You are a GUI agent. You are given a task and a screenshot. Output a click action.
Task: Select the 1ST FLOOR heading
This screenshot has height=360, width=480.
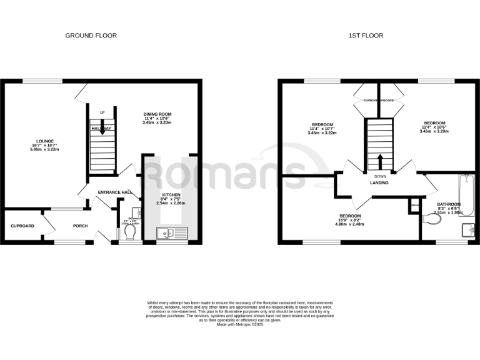coord(366,36)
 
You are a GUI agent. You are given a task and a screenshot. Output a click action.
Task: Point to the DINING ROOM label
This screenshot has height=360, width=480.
coord(157,114)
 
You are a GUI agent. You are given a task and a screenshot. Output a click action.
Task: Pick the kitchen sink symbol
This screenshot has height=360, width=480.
coord(171,234)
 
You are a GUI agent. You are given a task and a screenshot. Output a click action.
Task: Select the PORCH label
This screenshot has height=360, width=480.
coord(80,226)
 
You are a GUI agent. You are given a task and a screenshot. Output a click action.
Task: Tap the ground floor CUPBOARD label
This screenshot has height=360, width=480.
coord(22,226)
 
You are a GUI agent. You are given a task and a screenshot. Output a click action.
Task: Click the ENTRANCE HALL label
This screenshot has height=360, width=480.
coord(113,192)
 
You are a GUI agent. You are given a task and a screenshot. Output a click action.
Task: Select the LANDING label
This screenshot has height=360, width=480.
coord(379,183)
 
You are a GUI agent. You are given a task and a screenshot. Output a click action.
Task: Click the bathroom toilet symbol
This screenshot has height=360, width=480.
coord(431,219)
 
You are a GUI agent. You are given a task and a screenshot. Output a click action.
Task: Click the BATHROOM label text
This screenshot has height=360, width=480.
coord(449,204)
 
